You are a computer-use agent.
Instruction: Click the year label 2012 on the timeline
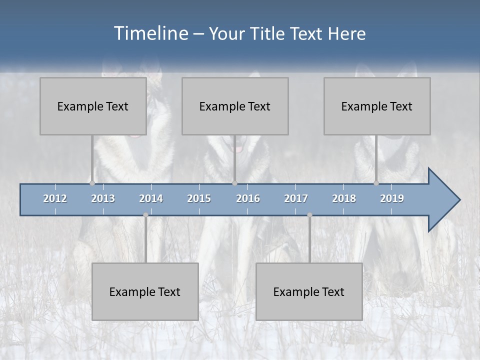click(55, 198)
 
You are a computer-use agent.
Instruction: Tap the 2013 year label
click(103, 198)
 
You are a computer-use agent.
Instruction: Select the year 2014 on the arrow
click(151, 198)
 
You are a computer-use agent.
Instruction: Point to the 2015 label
click(199, 198)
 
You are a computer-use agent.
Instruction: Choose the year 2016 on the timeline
click(248, 198)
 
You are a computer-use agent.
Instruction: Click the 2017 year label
click(296, 198)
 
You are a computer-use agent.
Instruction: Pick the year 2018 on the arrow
click(344, 198)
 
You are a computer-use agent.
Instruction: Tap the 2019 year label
click(392, 198)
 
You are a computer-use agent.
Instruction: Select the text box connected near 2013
click(93, 106)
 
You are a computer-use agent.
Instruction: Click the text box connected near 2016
click(235, 106)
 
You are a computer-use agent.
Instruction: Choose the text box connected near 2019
click(377, 106)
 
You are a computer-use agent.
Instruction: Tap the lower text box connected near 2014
click(145, 291)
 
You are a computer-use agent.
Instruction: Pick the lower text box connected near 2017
click(309, 291)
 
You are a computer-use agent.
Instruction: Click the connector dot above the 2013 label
click(92, 183)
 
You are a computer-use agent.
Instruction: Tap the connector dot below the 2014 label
click(145, 215)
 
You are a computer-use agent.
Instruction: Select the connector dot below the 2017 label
click(309, 215)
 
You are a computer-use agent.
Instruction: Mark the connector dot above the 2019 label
click(376, 183)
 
